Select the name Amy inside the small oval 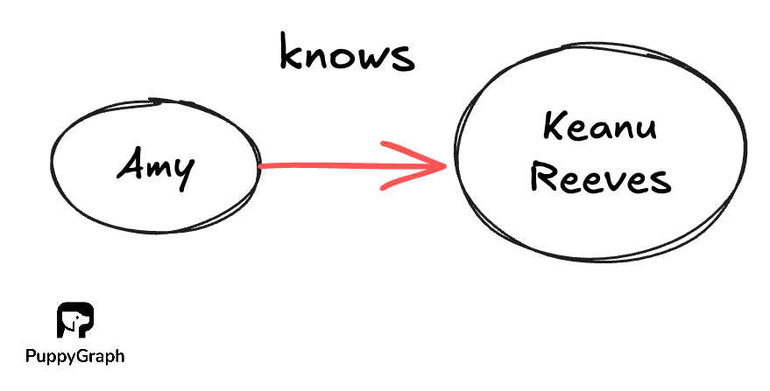click(x=155, y=168)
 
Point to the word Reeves click(x=602, y=179)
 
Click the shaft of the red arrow click(x=333, y=164)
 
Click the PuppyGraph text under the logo click(x=74, y=356)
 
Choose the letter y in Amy click(x=182, y=172)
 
